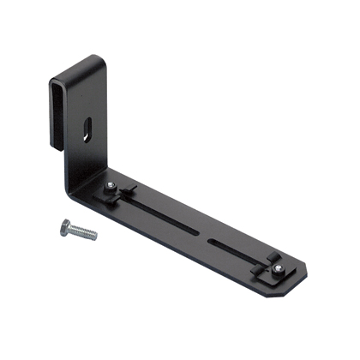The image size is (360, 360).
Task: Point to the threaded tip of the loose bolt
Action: (94, 236)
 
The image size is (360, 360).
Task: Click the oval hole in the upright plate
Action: (87, 131)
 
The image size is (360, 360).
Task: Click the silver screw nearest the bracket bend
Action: (111, 187)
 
